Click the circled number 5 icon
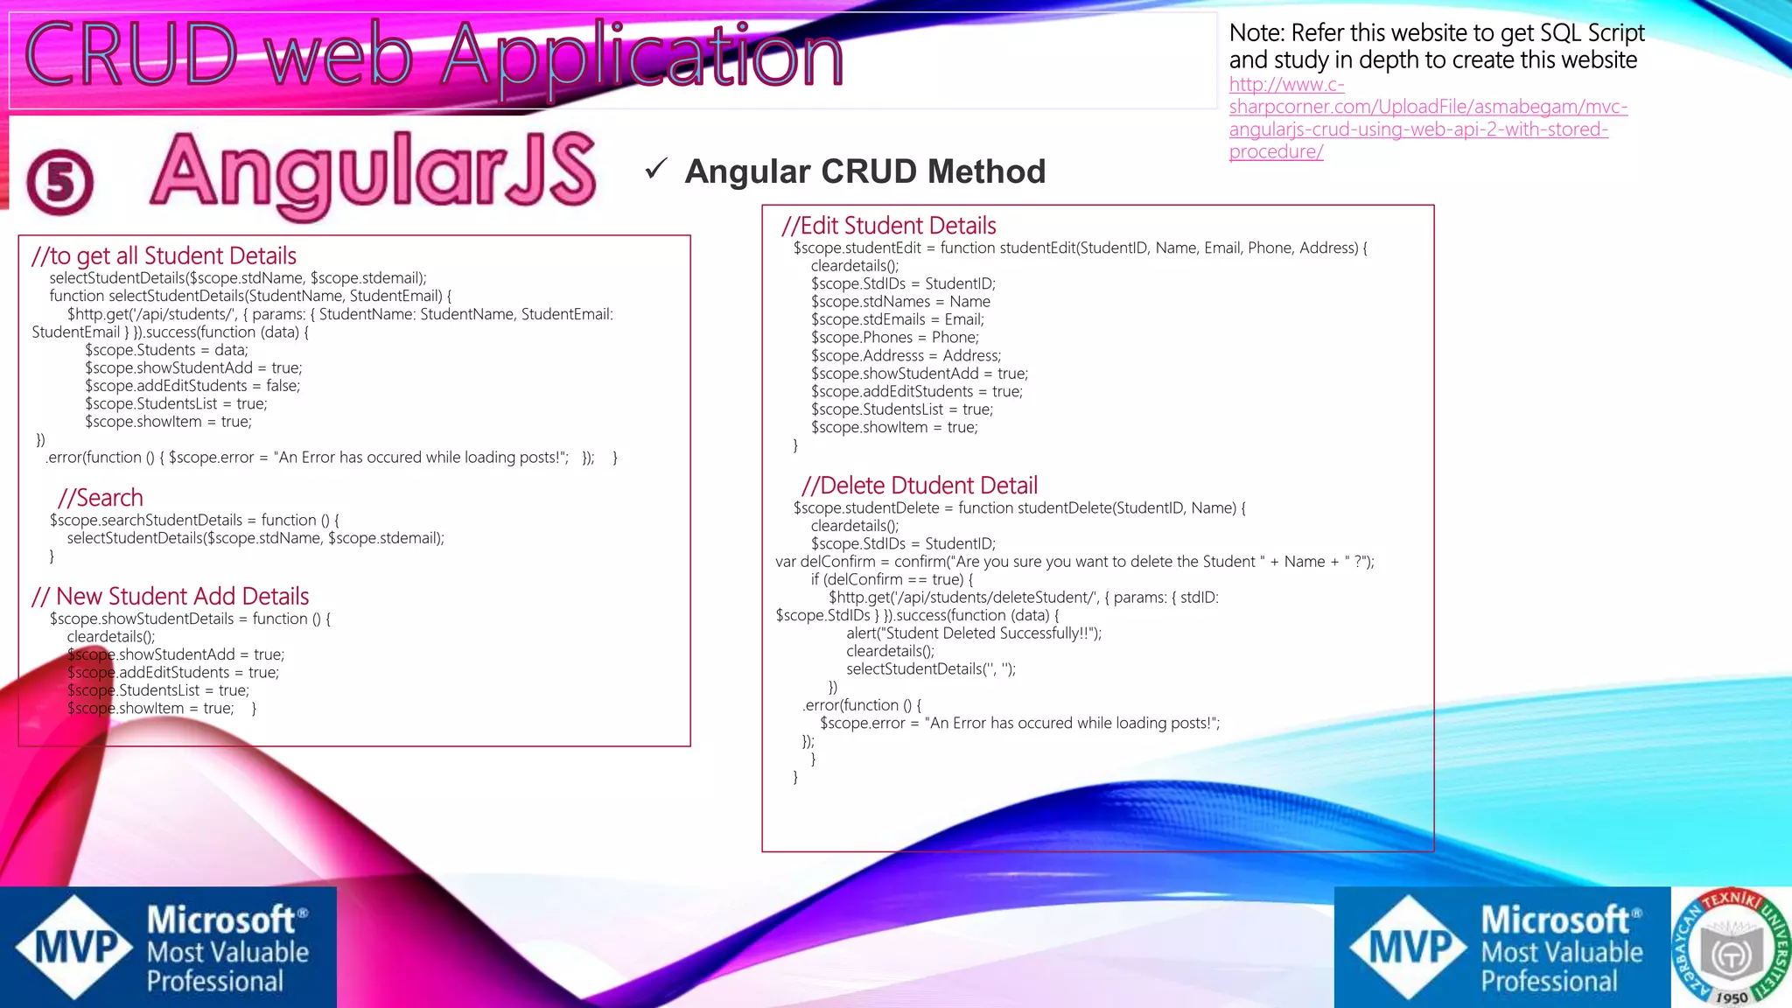tap(59, 183)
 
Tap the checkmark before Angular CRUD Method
tap(656, 168)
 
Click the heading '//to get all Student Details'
tap(164, 255)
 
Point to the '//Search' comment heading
tap(100, 498)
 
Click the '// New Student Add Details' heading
tap(171, 597)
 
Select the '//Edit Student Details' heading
tap(889, 226)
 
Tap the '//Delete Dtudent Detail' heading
tap(920, 486)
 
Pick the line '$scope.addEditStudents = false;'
tap(192, 386)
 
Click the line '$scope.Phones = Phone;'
tap(895, 338)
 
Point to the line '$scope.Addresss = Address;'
tap(906, 356)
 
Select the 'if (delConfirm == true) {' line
tap(892, 579)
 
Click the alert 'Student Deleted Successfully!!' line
tap(974, 633)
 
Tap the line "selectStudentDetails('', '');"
tap(931, 669)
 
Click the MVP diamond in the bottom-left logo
tap(75, 947)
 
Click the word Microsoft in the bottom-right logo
tap(1555, 920)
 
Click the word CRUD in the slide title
tap(131, 54)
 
